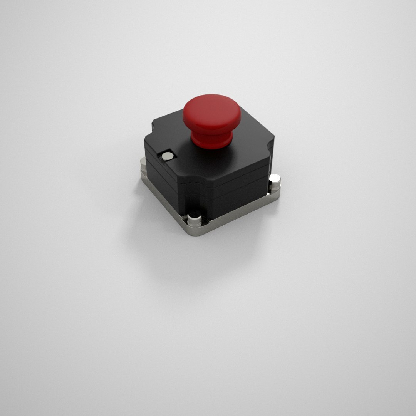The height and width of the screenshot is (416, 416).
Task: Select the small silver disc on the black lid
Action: coord(168,156)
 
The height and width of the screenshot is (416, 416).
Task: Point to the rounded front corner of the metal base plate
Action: coord(195,231)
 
